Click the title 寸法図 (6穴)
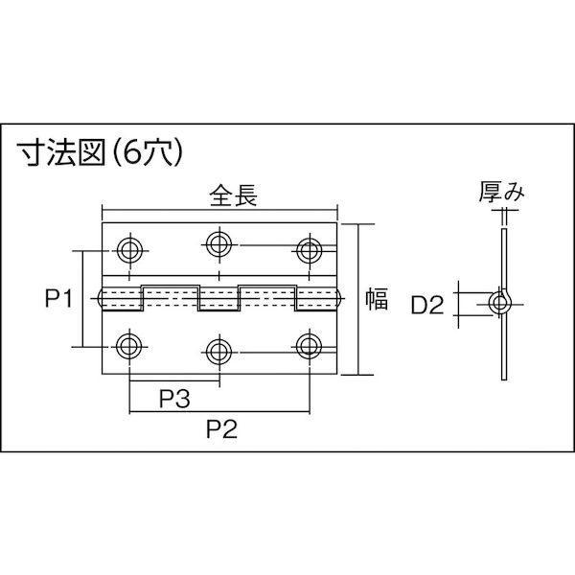tap(101, 152)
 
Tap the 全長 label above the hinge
tap(233, 195)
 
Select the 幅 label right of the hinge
tap(377, 298)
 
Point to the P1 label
tap(59, 298)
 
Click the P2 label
tap(221, 428)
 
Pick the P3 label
tap(174, 399)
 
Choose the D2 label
tap(427, 305)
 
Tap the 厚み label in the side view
tap(501, 192)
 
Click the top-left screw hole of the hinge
tap(129, 251)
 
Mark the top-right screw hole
tap(310, 251)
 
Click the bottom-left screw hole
tap(129, 347)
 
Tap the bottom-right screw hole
tap(310, 347)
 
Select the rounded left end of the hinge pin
tap(100, 298)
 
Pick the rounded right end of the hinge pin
tap(339, 298)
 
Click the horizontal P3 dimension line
tap(174, 380)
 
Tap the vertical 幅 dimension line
tap(357, 299)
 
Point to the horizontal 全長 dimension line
tap(219, 210)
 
